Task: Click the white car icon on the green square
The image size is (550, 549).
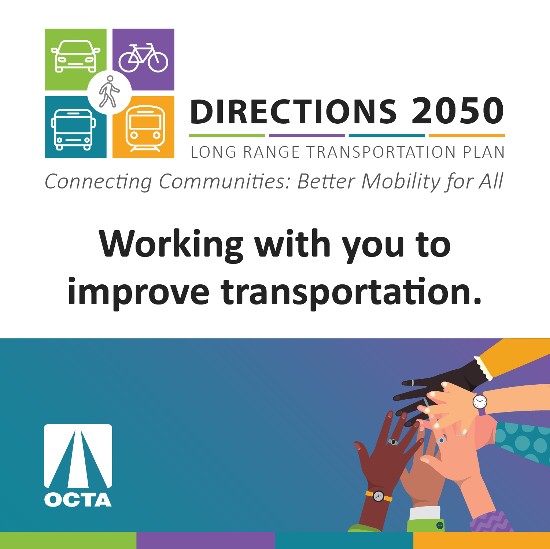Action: (x=75, y=56)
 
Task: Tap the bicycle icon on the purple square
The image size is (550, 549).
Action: (x=143, y=57)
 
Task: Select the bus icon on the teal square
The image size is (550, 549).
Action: (x=73, y=130)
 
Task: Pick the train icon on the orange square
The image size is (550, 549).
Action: (x=145, y=128)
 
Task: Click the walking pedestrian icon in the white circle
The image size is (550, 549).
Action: (x=109, y=91)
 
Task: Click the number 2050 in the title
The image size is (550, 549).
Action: (x=458, y=111)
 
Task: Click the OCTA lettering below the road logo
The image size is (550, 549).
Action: (x=78, y=500)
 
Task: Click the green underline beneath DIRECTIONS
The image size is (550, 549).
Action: (x=227, y=136)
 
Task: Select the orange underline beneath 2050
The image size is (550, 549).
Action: (x=466, y=136)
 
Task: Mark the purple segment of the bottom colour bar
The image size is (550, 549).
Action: (x=206, y=540)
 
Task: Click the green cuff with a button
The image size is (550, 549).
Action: (x=426, y=525)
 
